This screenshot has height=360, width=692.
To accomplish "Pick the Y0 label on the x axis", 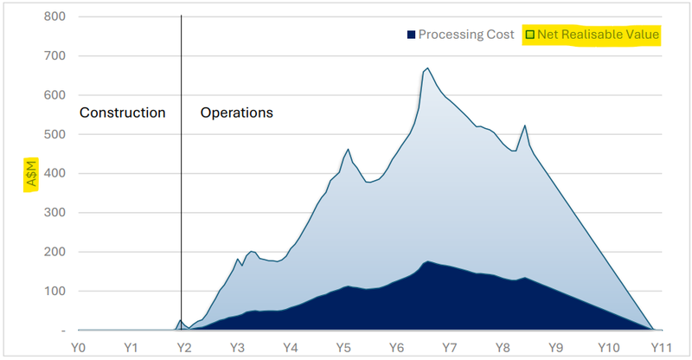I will (78, 347).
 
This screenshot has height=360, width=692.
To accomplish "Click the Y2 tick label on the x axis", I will (183, 347).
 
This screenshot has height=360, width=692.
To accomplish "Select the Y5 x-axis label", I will (343, 347).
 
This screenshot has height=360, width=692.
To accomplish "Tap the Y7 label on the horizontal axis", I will (449, 347).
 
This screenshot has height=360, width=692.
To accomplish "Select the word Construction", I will (122, 112).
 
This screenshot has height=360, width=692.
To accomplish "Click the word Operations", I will (237, 112).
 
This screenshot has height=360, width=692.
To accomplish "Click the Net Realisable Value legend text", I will (598, 35).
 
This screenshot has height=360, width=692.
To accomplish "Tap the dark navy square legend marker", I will (411, 35).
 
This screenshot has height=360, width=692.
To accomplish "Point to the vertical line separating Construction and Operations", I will (182, 173).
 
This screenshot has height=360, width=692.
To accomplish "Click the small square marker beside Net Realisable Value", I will (529, 35).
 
